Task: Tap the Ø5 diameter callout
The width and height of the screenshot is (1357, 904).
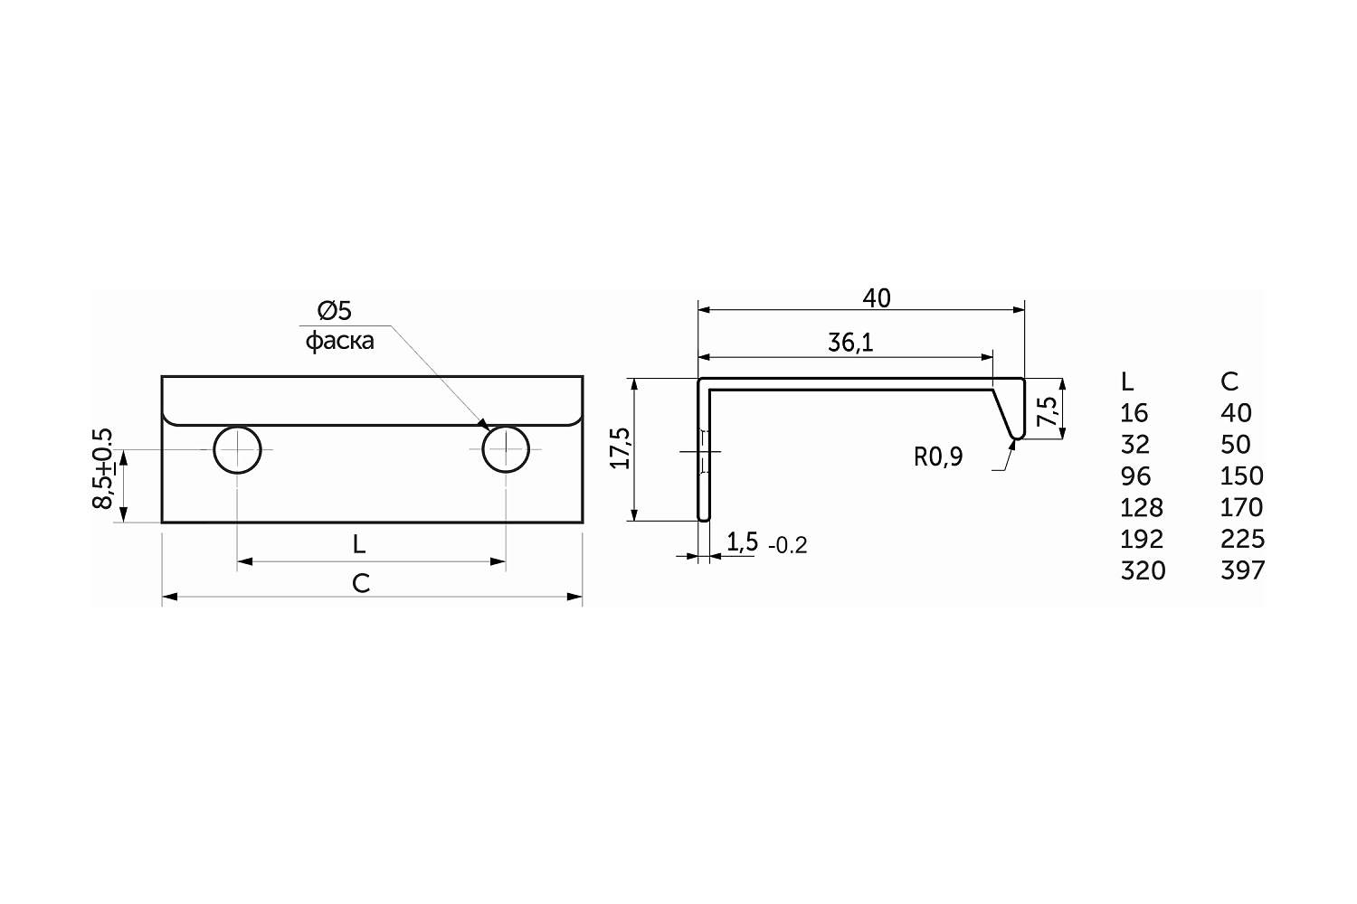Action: pos(335,311)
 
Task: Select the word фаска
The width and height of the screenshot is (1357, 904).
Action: pos(340,341)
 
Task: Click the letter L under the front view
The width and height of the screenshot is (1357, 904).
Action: pos(359,545)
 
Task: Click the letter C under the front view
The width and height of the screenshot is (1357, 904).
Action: pos(361,584)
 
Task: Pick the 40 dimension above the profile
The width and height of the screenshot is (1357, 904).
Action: pos(877,298)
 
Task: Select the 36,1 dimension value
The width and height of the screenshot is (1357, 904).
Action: pos(850,344)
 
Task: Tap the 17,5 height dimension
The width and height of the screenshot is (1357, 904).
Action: pos(621,448)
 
